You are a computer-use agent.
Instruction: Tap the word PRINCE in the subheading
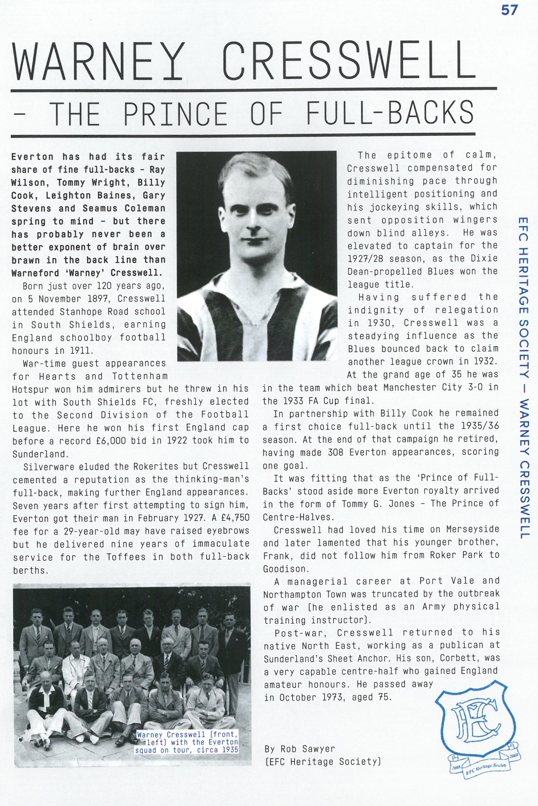point(175,113)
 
